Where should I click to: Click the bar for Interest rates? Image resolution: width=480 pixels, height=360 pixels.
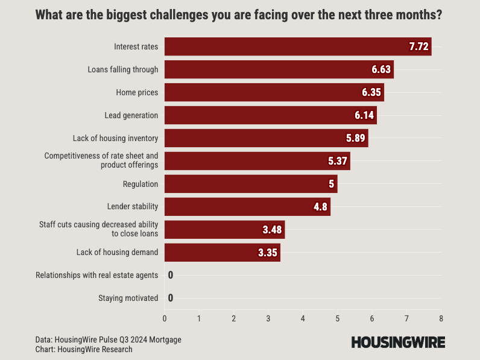(297, 46)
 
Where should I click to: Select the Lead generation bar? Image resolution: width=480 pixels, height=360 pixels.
(270, 115)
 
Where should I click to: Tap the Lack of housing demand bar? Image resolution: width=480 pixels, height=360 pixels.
(222, 253)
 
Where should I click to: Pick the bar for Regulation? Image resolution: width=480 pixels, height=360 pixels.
(250, 184)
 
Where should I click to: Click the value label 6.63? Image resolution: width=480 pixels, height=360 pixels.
(381, 70)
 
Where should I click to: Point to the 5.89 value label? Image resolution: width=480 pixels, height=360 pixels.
(356, 138)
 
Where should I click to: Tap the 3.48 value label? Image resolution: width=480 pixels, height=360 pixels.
(273, 230)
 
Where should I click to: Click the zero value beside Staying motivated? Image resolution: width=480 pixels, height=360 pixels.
(171, 298)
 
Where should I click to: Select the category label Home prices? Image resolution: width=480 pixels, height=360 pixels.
(137, 92)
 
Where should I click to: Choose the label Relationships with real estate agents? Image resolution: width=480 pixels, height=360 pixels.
(97, 275)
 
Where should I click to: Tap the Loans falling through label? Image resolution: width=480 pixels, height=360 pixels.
(122, 69)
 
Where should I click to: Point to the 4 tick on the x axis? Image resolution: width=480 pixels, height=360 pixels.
(303, 318)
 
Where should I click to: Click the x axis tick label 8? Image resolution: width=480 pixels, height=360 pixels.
(441, 318)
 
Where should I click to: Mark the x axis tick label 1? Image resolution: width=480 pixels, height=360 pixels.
(199, 318)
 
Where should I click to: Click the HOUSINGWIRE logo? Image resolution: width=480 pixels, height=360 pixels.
(398, 343)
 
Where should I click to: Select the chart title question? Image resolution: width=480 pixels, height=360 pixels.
(239, 14)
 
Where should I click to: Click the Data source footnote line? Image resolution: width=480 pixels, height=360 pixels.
(108, 339)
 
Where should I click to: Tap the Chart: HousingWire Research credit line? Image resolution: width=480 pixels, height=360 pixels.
(84, 349)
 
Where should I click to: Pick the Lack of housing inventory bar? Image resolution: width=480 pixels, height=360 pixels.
(266, 138)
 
